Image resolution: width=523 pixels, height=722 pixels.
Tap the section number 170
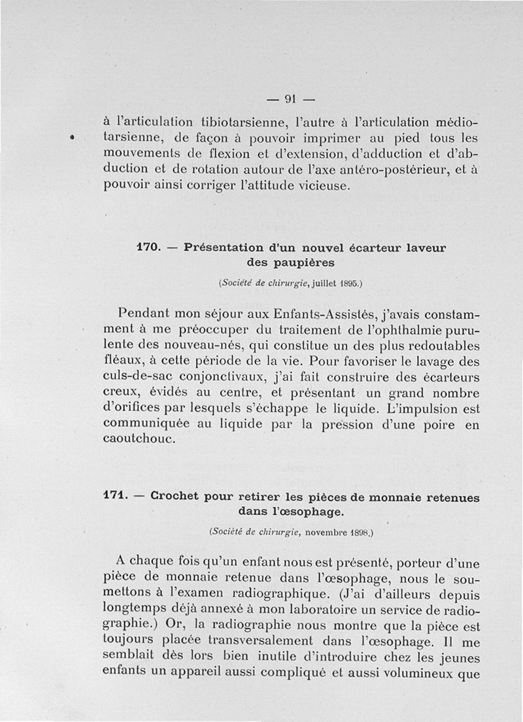tap(148, 248)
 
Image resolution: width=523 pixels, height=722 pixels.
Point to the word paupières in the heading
tap(304, 263)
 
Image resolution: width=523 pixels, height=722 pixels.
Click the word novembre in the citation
tap(324, 533)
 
